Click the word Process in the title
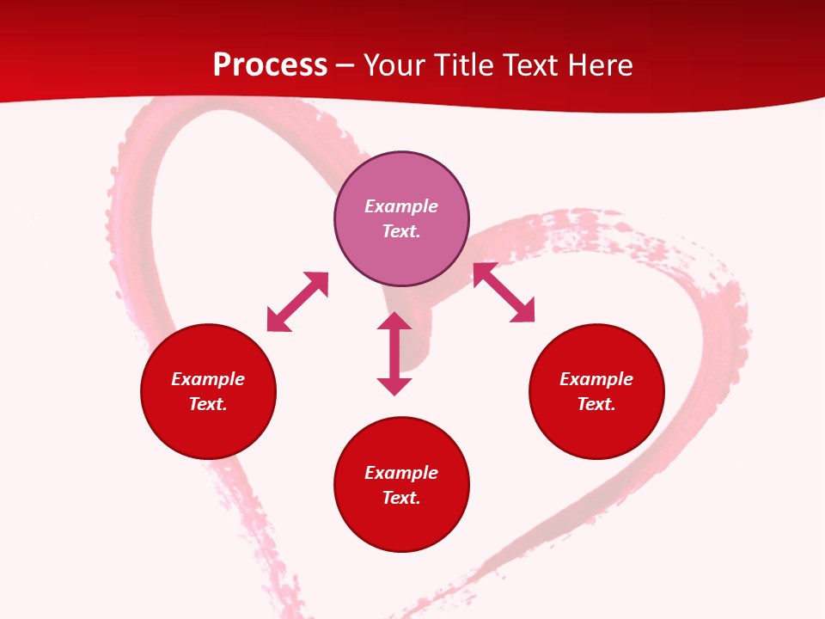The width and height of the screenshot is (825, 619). click(270, 65)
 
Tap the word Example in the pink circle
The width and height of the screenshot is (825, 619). click(401, 206)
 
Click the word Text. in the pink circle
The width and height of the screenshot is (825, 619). click(401, 231)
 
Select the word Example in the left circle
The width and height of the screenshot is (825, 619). click(208, 379)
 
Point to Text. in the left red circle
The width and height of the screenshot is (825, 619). click(208, 404)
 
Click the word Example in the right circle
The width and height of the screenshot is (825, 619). click(596, 379)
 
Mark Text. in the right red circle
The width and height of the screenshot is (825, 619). click(596, 404)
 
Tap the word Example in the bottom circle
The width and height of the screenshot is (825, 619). click(401, 473)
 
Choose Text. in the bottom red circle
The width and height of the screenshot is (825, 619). click(401, 498)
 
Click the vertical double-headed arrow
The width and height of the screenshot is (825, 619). click(394, 353)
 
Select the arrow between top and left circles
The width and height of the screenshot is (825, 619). click(298, 302)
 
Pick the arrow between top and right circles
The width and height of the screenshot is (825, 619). click(504, 292)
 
